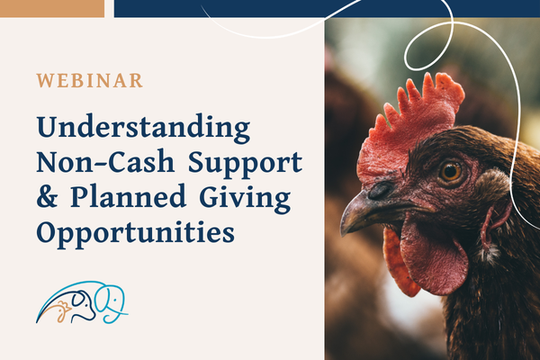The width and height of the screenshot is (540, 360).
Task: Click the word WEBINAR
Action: click(89, 80)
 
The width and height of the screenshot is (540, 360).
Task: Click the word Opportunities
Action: click(135, 232)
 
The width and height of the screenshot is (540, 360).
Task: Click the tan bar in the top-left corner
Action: click(52, 8)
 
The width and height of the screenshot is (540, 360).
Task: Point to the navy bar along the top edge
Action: click(324, 8)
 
